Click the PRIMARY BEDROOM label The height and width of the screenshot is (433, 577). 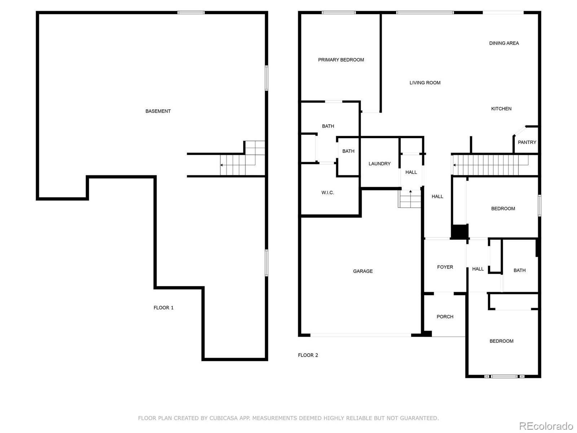(x=341, y=60)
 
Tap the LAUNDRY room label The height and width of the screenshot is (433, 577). (x=379, y=164)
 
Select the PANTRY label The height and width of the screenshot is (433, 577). (x=527, y=143)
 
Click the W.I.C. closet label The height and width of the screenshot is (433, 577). (x=327, y=193)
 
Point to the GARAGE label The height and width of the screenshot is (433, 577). (x=363, y=271)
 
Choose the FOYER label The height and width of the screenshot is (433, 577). (x=445, y=267)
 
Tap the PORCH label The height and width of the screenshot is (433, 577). (x=445, y=317)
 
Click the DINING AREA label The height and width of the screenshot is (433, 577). (x=504, y=43)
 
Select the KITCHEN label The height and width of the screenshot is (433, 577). (x=501, y=109)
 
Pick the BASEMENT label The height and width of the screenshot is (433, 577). (x=158, y=111)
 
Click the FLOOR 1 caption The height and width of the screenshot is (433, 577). (x=163, y=308)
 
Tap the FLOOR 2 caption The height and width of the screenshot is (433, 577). (x=308, y=355)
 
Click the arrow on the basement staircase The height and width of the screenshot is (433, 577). (x=222, y=165)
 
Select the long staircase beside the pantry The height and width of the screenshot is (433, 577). (x=490, y=165)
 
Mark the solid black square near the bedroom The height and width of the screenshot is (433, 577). (x=460, y=232)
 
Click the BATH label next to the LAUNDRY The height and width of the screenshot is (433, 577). (x=348, y=151)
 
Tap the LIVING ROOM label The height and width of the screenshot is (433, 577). (x=425, y=83)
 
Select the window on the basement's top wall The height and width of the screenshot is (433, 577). (x=191, y=13)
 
